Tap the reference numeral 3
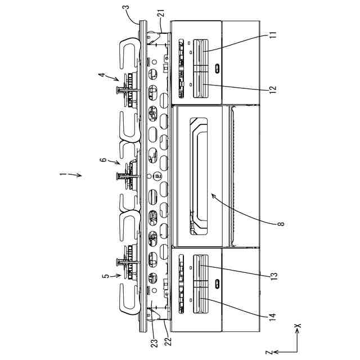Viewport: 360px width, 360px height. tap(127, 10)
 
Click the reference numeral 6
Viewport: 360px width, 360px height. tap(103, 160)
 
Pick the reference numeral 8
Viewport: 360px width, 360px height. tap(281, 223)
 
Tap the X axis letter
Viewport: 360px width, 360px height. tap(299, 325)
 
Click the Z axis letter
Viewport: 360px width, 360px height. tap(270, 352)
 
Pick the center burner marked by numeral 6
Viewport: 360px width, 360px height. tap(129, 175)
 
